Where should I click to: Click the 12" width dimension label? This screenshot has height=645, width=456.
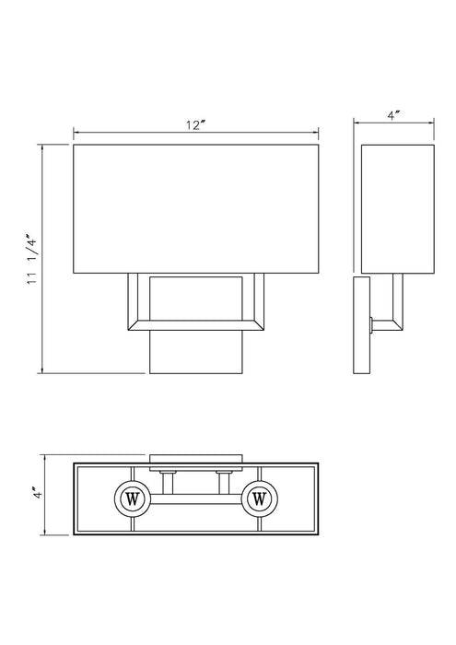pyautogui.click(x=194, y=124)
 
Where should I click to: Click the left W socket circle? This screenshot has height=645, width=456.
pyautogui.click(x=132, y=499)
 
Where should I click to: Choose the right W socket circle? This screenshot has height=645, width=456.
pyautogui.click(x=258, y=499)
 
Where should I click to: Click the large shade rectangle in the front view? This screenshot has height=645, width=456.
pyautogui.click(x=194, y=207)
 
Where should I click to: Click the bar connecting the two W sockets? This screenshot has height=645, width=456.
pyautogui.click(x=194, y=503)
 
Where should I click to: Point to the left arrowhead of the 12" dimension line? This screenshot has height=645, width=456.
pyautogui.click(x=76, y=131)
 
